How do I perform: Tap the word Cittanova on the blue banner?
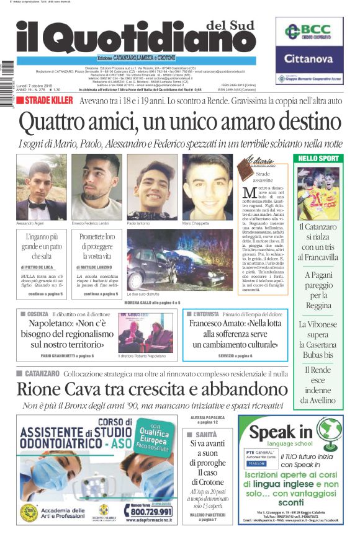(x=309, y=60)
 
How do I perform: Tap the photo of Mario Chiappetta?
(x=207, y=186)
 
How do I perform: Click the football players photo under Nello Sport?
(x=318, y=193)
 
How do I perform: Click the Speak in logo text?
(x=281, y=432)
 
